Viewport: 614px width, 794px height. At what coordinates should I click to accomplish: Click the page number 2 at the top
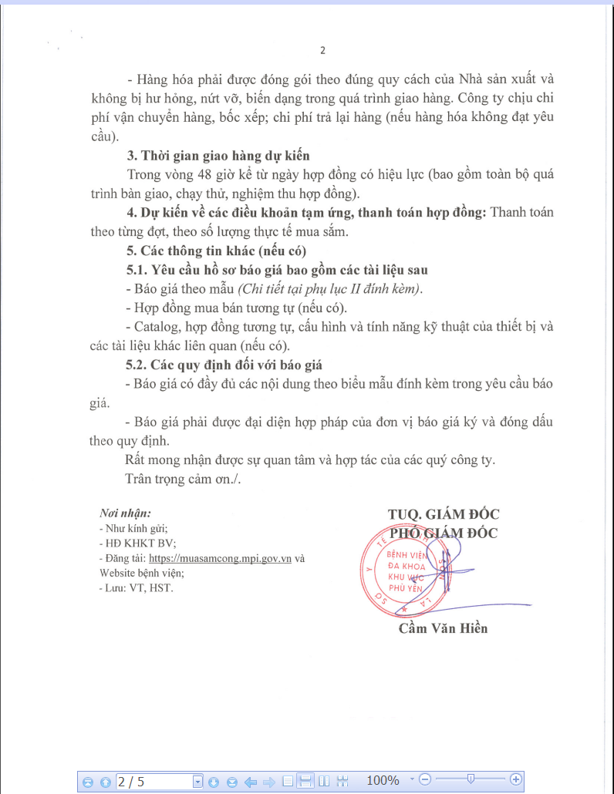pyautogui.click(x=323, y=51)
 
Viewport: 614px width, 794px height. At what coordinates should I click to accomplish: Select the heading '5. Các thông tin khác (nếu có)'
pyautogui.click(x=216, y=251)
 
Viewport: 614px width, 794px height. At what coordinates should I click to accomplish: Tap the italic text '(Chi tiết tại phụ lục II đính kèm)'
pyautogui.click(x=330, y=289)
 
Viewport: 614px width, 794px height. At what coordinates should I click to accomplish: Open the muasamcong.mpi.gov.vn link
pyautogui.click(x=220, y=559)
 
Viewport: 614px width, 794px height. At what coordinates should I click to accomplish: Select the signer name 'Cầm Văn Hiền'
pyautogui.click(x=443, y=628)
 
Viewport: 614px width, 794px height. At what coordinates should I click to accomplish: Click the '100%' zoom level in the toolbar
pyautogui.click(x=383, y=781)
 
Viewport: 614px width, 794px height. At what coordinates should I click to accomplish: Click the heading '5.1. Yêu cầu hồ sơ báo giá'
pyautogui.click(x=277, y=270)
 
